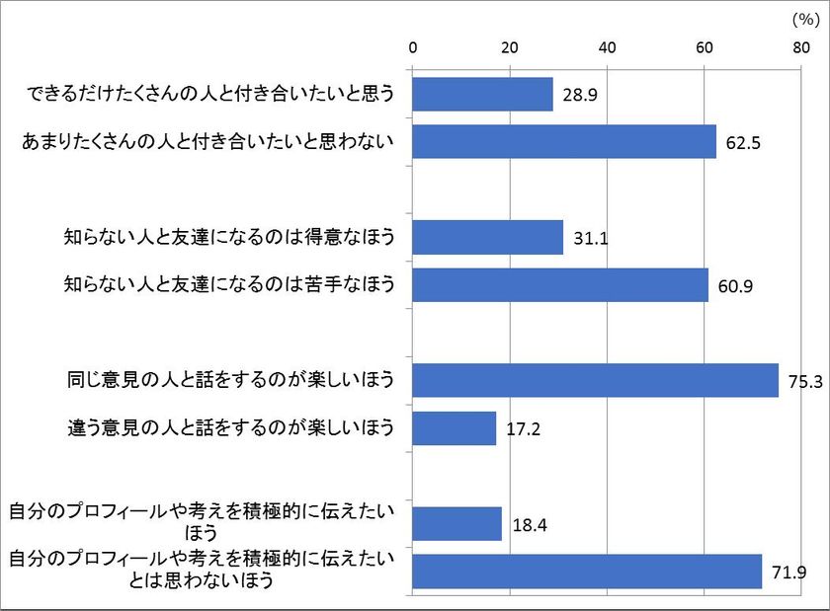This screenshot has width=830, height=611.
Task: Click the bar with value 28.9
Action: coord(482,95)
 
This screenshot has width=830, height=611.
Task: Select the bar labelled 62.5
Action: coord(564,142)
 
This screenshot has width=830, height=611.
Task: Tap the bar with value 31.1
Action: coord(487,237)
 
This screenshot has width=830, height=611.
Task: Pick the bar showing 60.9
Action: coord(560,285)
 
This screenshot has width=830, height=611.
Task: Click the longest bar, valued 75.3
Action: coord(595,380)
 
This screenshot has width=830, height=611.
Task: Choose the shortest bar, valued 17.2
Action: coord(454,428)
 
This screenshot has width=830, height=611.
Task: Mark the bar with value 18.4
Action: coord(456,523)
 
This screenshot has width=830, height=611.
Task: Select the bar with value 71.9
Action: coord(587,572)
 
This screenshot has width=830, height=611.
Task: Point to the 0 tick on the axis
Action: coord(413,47)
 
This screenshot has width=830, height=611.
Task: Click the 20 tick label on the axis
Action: coord(510,47)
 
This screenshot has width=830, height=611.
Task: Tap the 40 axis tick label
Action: coord(607,47)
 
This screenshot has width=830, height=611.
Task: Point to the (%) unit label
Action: coord(801,19)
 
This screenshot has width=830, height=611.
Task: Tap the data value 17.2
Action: coord(524,429)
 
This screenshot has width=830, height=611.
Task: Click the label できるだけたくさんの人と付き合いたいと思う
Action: coord(209,95)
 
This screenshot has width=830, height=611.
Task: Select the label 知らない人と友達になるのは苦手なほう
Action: coord(228,285)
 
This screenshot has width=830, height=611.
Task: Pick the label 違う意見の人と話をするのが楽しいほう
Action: coord(228,428)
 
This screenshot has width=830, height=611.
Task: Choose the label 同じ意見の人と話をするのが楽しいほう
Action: coord(228,380)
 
